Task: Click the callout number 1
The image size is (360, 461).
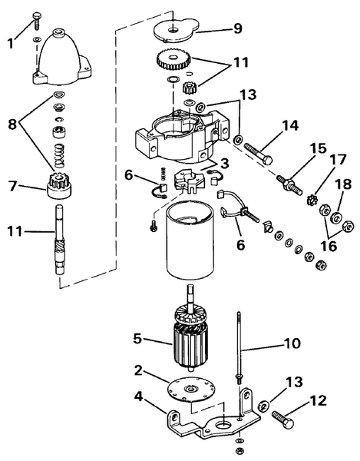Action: click(x=10, y=44)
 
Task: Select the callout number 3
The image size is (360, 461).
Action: click(x=224, y=163)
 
